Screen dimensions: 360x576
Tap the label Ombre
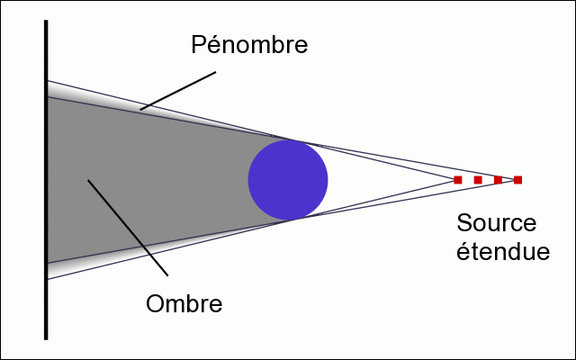[184, 302]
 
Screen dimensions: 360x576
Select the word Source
[497, 224]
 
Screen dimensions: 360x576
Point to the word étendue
[503, 252]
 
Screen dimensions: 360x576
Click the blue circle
[288, 179]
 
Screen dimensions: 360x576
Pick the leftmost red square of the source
[458, 180]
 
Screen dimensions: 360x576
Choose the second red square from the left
[478, 180]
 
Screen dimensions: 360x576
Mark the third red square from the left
[498, 180]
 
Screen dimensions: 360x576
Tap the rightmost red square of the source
[517, 180]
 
